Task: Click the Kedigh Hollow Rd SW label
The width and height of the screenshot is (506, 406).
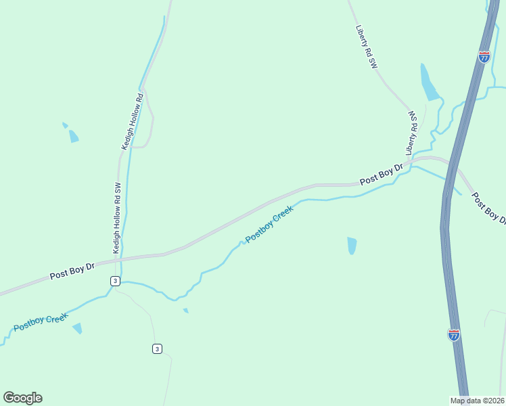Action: click(x=116, y=219)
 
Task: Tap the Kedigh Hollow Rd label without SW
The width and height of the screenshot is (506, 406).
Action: click(x=133, y=121)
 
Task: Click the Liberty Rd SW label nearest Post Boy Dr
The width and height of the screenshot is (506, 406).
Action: click(x=412, y=133)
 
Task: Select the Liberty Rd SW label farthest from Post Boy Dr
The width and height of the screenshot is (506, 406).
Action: click(x=366, y=47)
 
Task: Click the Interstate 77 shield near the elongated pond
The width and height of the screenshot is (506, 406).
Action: click(x=484, y=57)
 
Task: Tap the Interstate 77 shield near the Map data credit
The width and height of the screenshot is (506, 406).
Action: click(x=454, y=335)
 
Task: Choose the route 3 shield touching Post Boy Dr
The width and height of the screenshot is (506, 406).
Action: click(x=116, y=281)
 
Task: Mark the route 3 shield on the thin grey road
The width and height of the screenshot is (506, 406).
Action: click(x=157, y=348)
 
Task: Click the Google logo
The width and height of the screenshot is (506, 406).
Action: click(x=22, y=397)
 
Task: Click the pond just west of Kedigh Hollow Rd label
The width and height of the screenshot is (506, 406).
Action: click(x=73, y=136)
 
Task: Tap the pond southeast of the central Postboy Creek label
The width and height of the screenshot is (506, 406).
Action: click(x=352, y=245)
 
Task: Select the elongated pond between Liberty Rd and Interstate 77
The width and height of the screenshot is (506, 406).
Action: click(x=429, y=83)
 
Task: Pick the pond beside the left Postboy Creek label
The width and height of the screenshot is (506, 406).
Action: click(x=78, y=328)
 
